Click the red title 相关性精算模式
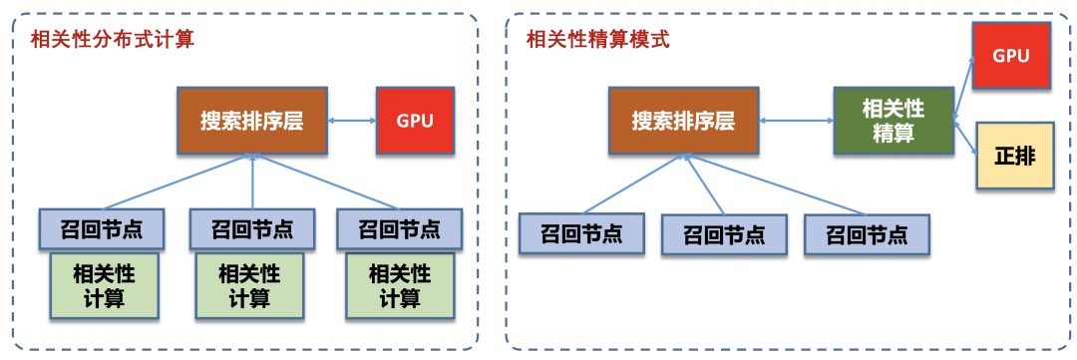point(597,41)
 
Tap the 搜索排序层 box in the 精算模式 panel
point(683,121)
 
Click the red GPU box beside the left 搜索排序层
point(414,121)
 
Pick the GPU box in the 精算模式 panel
point(1010,55)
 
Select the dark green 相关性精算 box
point(894,121)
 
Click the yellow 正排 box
point(1014,157)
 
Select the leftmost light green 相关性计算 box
point(105,284)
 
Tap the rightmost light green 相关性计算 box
point(400,284)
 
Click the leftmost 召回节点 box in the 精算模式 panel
point(581,234)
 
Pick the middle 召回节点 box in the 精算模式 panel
point(725,234)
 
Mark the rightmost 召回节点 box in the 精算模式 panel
point(868,234)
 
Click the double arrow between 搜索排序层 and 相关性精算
point(796,121)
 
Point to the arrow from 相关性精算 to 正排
point(963,135)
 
